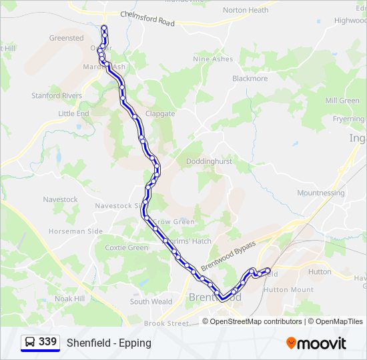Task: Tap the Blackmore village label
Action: [x=250, y=79]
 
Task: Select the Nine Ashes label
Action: [x=213, y=59]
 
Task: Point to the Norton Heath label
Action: [x=246, y=10]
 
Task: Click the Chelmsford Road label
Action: [x=147, y=18]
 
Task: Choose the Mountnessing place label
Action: [x=321, y=193]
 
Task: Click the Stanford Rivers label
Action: [x=57, y=96]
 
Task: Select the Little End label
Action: [x=73, y=114]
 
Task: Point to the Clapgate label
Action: [x=160, y=114]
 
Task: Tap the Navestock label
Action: [x=60, y=199]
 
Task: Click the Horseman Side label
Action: [x=75, y=231]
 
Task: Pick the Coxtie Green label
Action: [x=126, y=248]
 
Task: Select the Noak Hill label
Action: [x=69, y=299]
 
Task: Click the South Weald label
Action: [x=150, y=302]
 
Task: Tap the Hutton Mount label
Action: [x=288, y=290]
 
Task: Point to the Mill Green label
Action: [x=342, y=101]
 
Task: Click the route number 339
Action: [x=47, y=342]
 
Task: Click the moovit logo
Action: [x=316, y=343]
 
